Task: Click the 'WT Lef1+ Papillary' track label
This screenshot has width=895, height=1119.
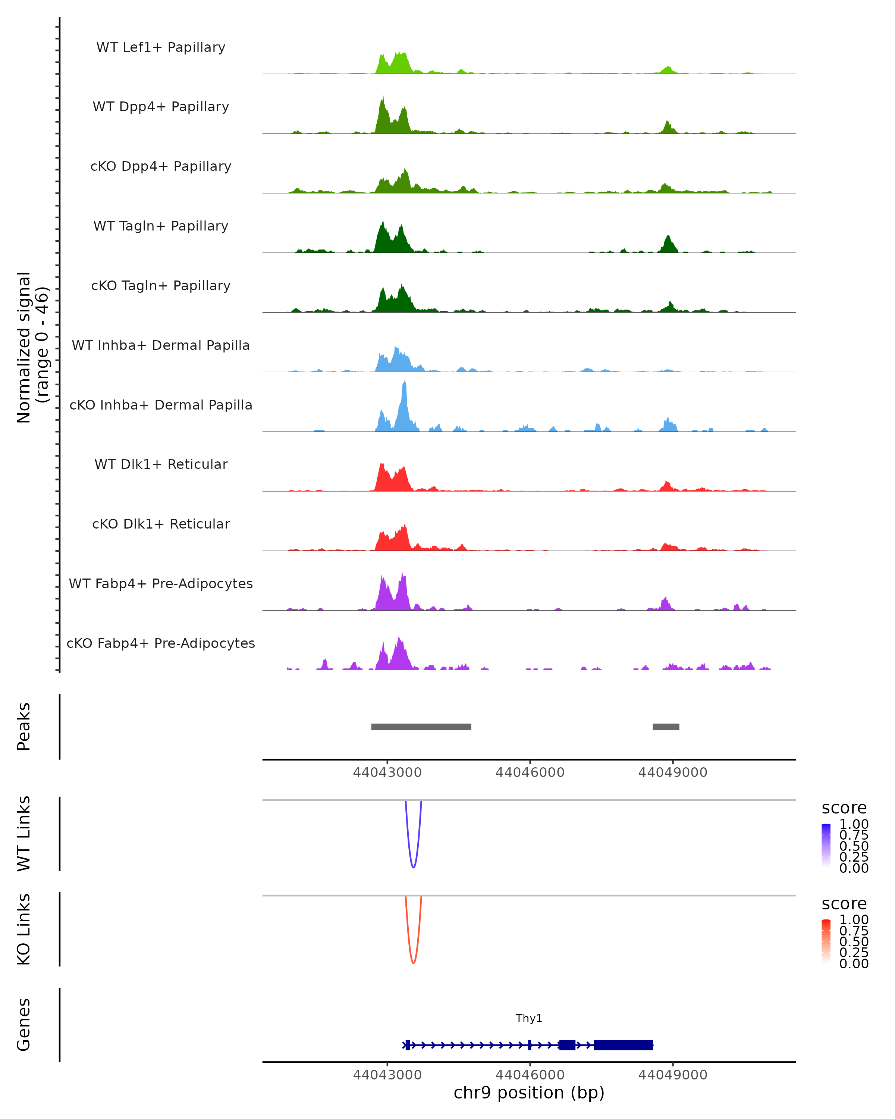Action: coord(161,47)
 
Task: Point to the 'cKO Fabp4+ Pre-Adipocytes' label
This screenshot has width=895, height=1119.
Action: coord(161,643)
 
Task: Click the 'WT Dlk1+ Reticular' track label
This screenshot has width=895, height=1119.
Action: coord(161,464)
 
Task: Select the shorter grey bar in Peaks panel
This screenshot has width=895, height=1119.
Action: coord(666,727)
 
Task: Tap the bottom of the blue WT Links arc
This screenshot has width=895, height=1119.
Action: coord(413,867)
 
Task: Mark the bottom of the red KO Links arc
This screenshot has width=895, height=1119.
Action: coord(413,963)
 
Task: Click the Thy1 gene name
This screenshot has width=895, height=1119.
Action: coord(529,1018)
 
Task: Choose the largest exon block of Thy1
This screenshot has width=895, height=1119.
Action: coord(623,1045)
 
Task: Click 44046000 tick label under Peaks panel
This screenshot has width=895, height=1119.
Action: coord(530,772)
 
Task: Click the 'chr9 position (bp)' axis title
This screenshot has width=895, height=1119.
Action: coord(529,1093)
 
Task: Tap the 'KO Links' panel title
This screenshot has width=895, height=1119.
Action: coord(24,930)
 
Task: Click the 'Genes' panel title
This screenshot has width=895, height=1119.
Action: coord(24,1025)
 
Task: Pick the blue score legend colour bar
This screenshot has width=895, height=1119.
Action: coord(826,846)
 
